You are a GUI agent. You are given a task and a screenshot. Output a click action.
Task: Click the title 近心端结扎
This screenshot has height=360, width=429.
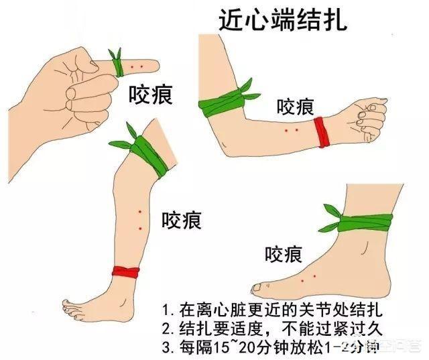[284, 19]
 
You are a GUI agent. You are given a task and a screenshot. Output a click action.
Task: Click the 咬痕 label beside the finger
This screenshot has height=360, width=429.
[151, 95]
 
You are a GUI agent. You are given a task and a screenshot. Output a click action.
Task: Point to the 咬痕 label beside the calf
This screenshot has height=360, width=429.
[181, 219]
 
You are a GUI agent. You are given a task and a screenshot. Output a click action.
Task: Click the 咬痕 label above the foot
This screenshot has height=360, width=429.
[283, 253]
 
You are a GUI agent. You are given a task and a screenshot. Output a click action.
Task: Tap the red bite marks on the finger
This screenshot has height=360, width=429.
[137, 66]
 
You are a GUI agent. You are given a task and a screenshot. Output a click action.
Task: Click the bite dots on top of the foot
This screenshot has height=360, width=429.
[308, 276]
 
